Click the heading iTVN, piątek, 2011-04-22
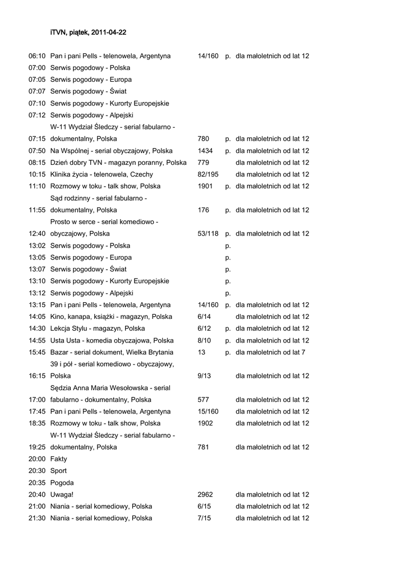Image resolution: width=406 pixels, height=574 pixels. tap(88, 33)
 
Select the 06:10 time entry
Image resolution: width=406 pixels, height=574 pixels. tap(37, 56)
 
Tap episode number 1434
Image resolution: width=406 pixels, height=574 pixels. tap(205, 151)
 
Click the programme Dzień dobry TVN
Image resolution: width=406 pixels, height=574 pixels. tap(118, 163)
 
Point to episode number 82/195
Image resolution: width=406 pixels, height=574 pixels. tap(208, 174)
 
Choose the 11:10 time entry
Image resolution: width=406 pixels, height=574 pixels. tap(37, 186)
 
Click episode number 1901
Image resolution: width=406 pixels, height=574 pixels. tap(205, 186)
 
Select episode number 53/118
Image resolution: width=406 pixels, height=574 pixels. tap(208, 234)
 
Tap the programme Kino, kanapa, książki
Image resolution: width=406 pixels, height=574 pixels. tap(111, 317)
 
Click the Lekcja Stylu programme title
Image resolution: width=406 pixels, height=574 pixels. tap(98, 328)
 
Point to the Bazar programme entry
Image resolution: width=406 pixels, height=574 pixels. tap(112, 352)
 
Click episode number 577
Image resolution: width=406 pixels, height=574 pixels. tap(204, 400)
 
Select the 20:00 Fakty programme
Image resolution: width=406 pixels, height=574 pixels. tap(58, 459)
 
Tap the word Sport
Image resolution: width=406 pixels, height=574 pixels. tap(58, 471)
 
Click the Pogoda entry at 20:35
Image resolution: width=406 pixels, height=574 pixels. tap(62, 483)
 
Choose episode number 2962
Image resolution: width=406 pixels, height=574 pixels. tap(205, 494)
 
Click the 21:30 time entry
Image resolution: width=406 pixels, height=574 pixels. tap(37, 518)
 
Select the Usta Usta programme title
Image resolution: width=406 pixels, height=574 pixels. tap(112, 340)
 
